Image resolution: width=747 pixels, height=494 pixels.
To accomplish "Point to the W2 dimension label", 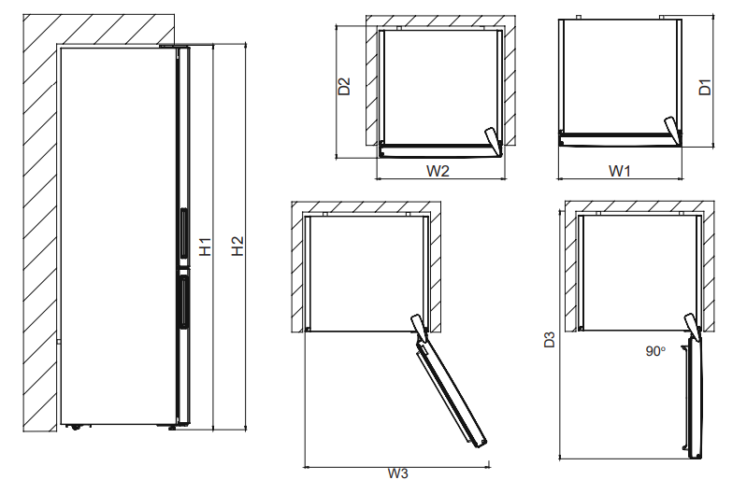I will click(438, 171).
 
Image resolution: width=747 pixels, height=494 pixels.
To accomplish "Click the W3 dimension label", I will click(397, 473).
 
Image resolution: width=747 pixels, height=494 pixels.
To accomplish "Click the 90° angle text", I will click(655, 352).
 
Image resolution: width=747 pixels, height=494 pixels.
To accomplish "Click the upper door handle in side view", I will click(182, 233).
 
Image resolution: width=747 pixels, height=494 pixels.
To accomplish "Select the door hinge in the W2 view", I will click(492, 140).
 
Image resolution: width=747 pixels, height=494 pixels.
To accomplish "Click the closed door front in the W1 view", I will click(612, 139).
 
